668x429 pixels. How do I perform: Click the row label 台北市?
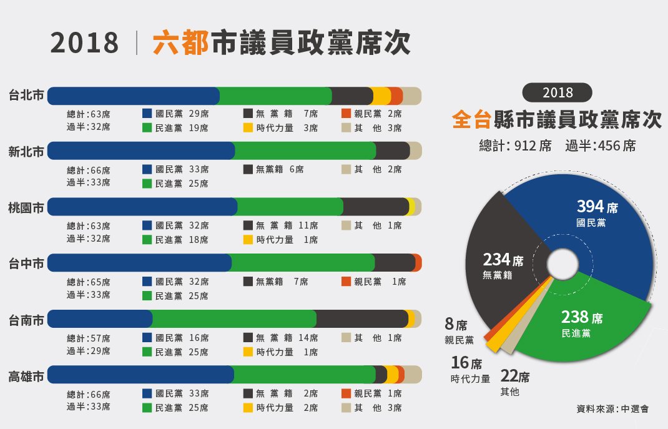pos(26,96)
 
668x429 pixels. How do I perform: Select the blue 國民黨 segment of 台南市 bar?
pos(100,318)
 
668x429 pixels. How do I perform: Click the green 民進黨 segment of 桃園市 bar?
pos(290,207)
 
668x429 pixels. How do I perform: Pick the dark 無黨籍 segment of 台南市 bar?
pos(362,318)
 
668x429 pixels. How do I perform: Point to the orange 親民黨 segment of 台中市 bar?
pos(418,263)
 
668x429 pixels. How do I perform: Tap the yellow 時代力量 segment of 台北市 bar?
pos(381,96)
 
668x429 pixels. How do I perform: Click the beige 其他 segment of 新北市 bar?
pos(416,151)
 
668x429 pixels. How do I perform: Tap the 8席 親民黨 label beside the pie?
pos(459,332)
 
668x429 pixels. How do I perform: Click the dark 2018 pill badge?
pos(557,92)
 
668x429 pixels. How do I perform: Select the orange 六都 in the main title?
pos(180,42)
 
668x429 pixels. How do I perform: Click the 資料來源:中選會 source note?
pos(612,409)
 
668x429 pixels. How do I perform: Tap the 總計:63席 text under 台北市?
pos(89,114)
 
